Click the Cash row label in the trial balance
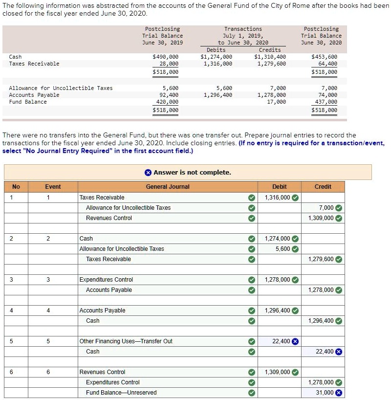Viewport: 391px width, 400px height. point(15,57)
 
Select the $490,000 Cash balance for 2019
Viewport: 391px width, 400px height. point(166,57)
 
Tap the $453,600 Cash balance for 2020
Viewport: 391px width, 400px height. point(324,57)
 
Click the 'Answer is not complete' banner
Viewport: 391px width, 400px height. point(188,173)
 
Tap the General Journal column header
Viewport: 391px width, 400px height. point(168,187)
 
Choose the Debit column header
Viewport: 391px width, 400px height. point(279,187)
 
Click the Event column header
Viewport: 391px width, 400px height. point(53,187)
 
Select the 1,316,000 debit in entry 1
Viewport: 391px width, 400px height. point(277,198)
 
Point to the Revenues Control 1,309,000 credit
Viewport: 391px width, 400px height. point(321,218)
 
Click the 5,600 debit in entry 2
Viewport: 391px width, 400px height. point(283,249)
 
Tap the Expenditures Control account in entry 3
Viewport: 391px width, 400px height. point(106,280)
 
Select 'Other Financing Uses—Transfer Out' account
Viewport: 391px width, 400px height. point(126,341)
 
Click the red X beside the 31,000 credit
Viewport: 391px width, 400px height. point(338,393)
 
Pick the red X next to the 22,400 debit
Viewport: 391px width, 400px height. point(295,341)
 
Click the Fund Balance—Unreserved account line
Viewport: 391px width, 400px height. point(121,393)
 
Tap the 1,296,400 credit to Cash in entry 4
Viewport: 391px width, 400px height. point(321,321)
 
